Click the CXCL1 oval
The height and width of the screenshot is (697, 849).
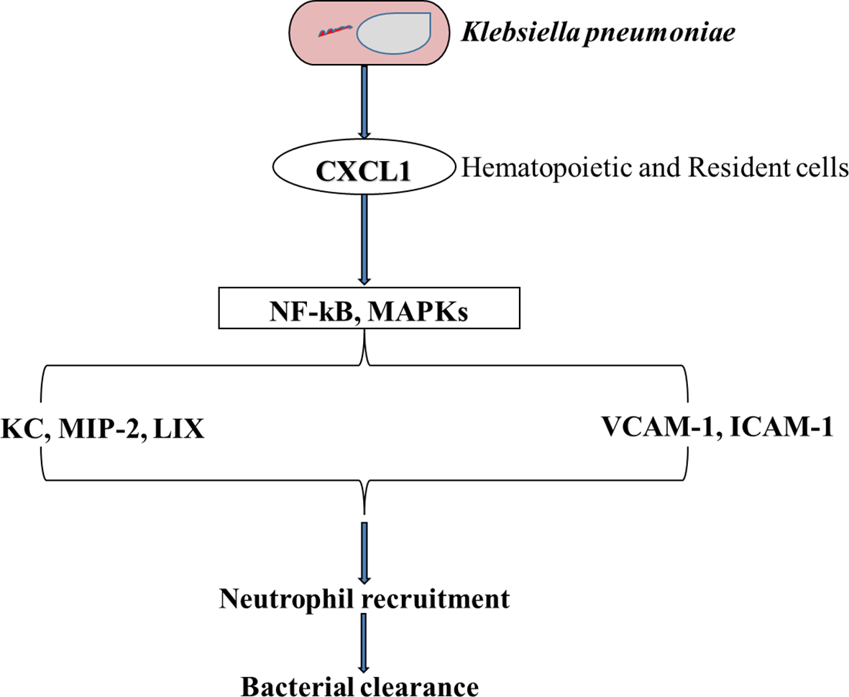(365, 170)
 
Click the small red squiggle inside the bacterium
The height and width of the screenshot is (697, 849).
(336, 32)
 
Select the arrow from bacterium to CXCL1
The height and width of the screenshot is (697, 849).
(365, 101)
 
